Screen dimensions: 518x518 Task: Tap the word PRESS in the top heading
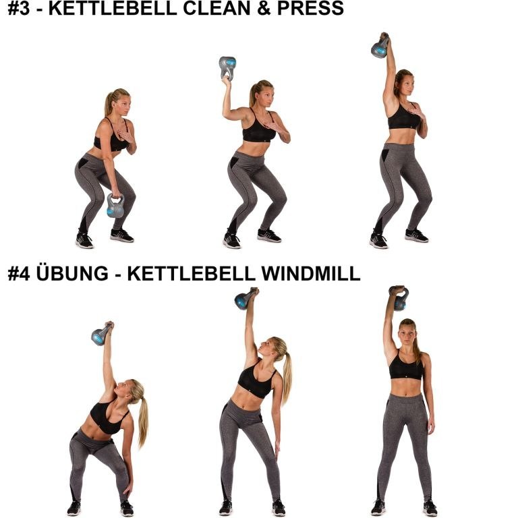(310, 9)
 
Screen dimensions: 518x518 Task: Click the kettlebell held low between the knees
(115, 206)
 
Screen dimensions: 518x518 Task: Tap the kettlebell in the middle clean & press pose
(227, 67)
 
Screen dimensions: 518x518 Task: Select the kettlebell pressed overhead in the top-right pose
(380, 47)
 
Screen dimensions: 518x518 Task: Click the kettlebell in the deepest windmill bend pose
(101, 334)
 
